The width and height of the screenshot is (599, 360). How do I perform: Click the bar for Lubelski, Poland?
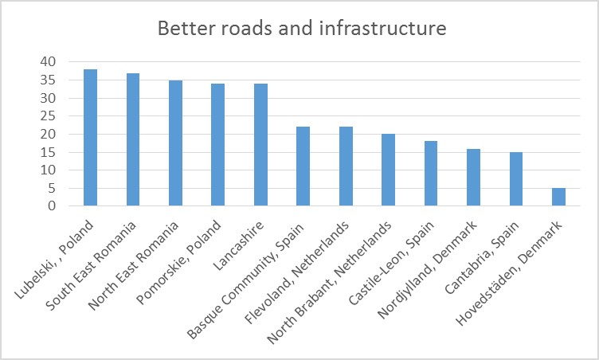[90, 138]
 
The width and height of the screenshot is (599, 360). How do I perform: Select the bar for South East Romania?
[133, 140]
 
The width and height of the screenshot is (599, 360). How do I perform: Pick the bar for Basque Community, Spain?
[303, 166]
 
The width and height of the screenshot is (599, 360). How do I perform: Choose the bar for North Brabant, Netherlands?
[388, 170]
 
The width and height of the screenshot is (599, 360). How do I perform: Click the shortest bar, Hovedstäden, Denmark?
[558, 197]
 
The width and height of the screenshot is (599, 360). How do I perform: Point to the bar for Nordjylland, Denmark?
[473, 178]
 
